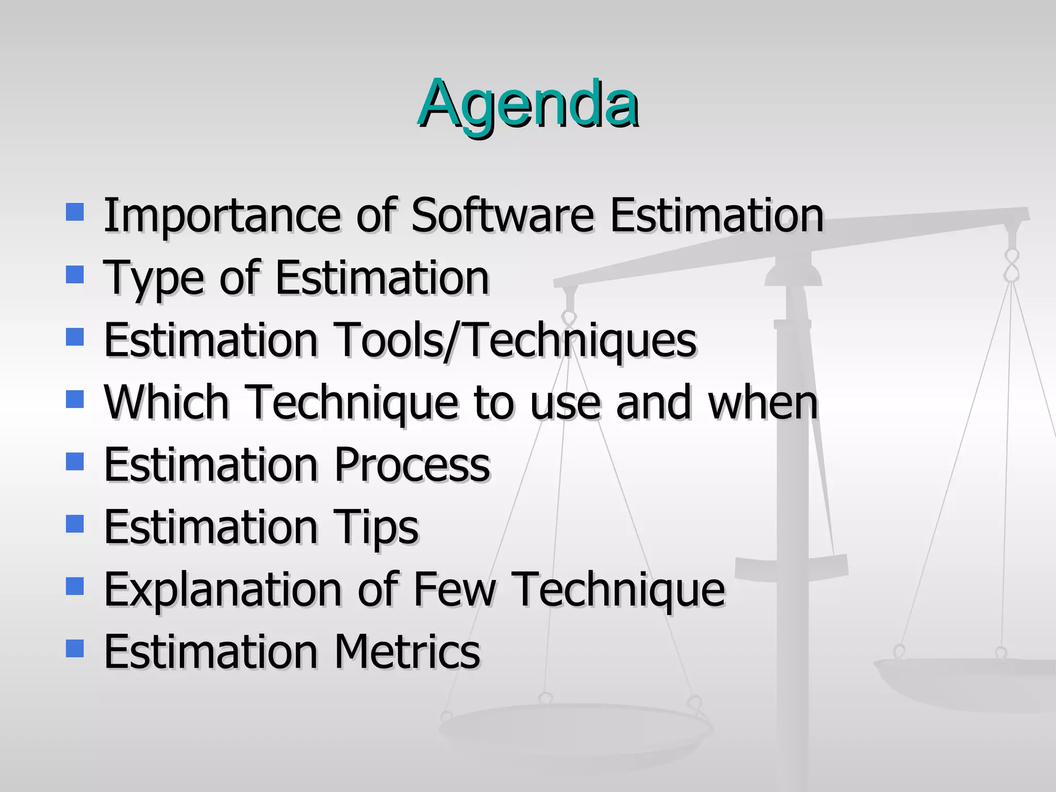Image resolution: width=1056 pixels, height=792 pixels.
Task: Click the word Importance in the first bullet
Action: coord(222,216)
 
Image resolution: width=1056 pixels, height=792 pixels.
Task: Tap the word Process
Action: coord(412,465)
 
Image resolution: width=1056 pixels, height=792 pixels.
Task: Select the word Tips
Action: coord(376,527)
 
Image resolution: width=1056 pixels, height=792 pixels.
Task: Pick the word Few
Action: coord(454,589)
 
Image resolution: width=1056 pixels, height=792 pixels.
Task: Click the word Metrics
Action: coord(407,652)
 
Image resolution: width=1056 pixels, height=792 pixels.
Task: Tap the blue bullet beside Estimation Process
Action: coord(75,461)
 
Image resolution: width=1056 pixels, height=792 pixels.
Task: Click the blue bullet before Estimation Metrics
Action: coord(75,648)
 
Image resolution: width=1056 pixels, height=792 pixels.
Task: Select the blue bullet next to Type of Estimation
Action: coord(75,275)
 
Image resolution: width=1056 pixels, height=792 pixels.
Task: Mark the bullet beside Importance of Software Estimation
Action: coord(75,212)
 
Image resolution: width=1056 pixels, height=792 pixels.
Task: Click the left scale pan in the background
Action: coord(575,727)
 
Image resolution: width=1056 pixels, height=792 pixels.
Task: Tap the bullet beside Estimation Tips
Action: coord(75,524)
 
